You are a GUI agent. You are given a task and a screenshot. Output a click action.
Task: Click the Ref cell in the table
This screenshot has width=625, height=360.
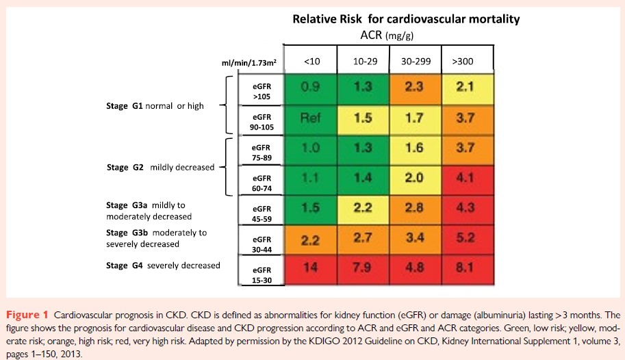311,118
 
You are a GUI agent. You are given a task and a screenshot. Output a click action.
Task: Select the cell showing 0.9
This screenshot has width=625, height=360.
311,88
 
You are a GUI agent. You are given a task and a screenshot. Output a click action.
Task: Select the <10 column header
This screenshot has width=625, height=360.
311,62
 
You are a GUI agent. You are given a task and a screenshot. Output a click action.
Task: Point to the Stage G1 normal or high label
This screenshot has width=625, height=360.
154,106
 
